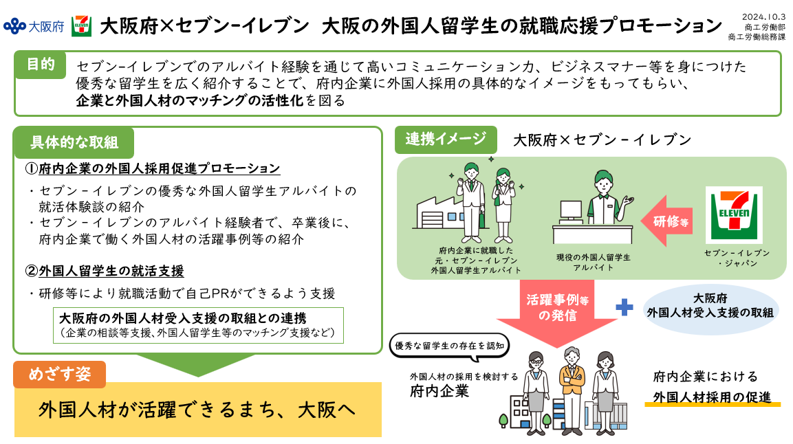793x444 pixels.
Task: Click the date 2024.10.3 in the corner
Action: (764, 16)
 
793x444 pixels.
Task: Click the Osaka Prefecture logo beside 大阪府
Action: (14, 26)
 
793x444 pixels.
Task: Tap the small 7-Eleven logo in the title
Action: (81, 26)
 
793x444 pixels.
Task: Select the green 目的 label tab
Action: (41, 65)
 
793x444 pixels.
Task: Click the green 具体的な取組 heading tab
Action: (74, 142)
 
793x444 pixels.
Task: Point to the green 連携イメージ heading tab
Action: (445, 140)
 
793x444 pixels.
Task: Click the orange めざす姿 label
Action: (60, 374)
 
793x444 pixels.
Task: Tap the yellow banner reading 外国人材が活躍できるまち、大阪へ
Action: (197, 410)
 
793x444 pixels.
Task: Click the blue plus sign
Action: (624, 307)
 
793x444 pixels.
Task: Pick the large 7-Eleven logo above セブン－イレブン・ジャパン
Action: (734, 215)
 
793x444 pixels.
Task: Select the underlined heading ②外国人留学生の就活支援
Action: (105, 271)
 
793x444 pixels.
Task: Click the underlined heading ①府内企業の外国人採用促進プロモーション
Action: (153, 168)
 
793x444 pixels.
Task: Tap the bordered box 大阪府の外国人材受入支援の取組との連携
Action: (198, 325)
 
